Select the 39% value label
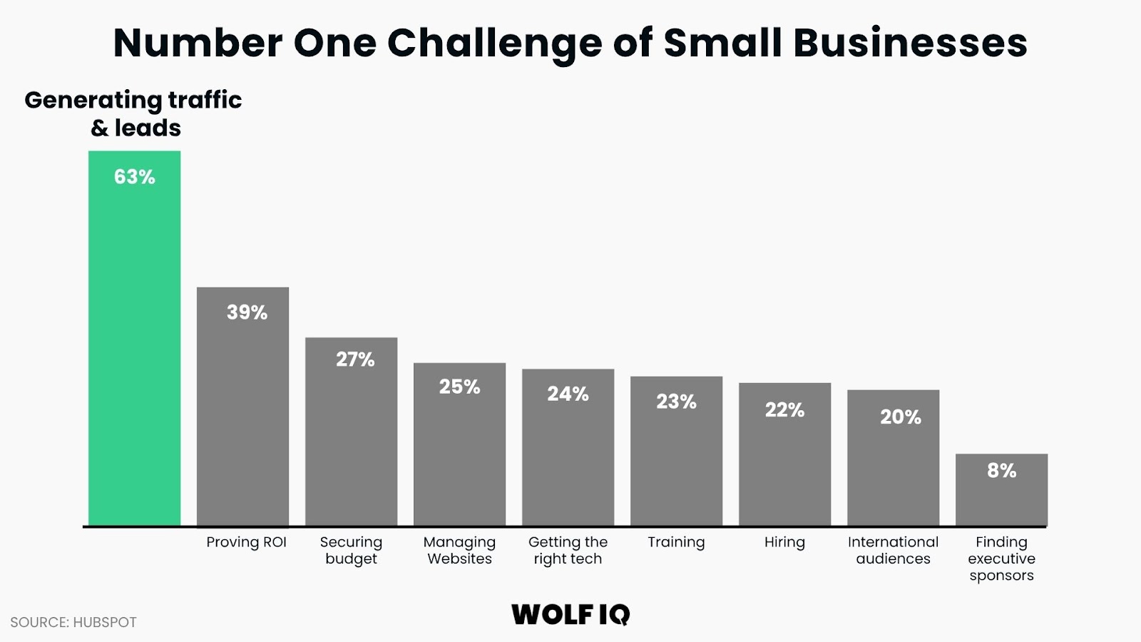pyautogui.click(x=247, y=312)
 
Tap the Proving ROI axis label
pyautogui.click(x=246, y=542)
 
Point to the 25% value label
pyautogui.click(x=459, y=387)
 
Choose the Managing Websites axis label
pyautogui.click(x=459, y=550)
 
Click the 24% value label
pyautogui.click(x=568, y=394)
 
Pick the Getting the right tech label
pyautogui.click(x=568, y=550)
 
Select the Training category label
pyautogui.click(x=676, y=542)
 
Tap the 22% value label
pyautogui.click(x=784, y=410)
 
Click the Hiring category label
pyautogui.click(x=784, y=542)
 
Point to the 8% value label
pyautogui.click(x=1001, y=471)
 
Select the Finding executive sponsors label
pyautogui.click(x=1001, y=559)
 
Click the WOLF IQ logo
pyautogui.click(x=570, y=614)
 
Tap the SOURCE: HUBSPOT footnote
pyautogui.click(x=73, y=622)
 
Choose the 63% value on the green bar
pyautogui.click(x=134, y=177)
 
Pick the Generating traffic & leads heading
pyautogui.click(x=133, y=113)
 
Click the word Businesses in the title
pyautogui.click(x=910, y=43)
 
